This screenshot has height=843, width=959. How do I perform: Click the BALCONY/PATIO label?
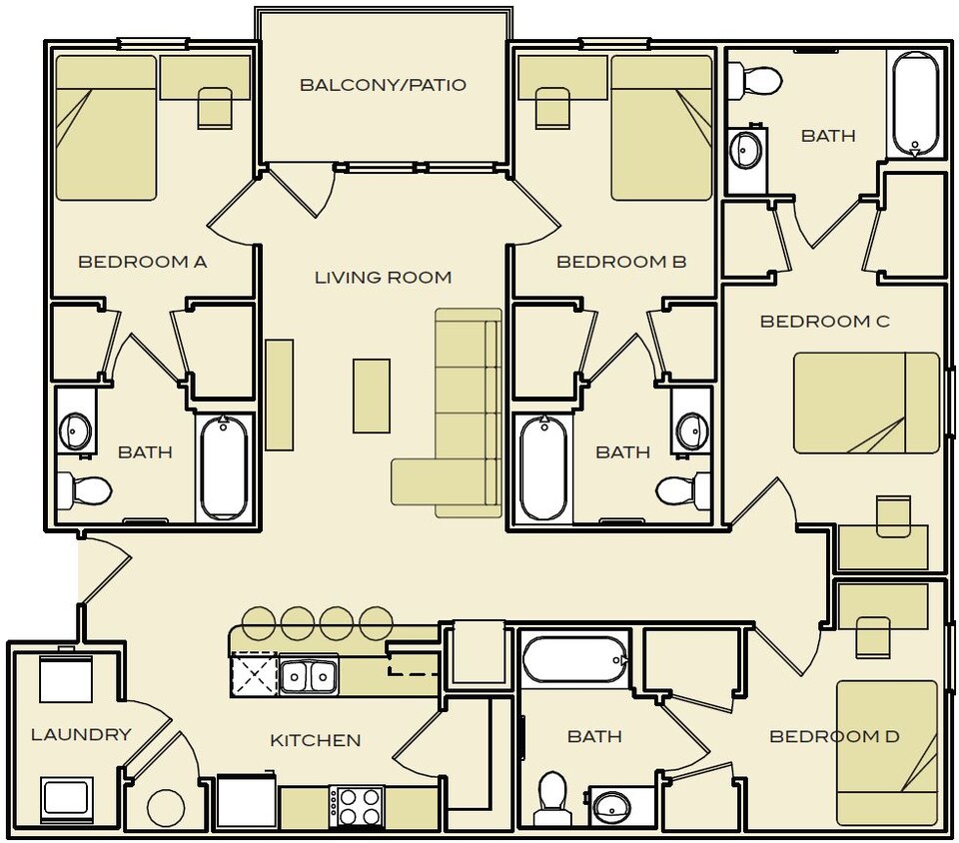(x=383, y=85)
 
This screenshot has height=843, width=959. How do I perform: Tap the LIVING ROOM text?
(x=383, y=278)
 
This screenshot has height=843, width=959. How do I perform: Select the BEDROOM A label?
(x=142, y=262)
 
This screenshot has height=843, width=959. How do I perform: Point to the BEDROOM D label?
(x=834, y=737)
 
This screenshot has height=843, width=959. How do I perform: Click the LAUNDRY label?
(x=81, y=734)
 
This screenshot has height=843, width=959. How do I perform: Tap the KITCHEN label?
(x=315, y=740)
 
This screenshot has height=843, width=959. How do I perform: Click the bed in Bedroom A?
(x=105, y=128)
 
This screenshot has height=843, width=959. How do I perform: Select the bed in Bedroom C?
(x=866, y=403)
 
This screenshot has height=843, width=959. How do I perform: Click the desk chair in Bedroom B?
(x=553, y=109)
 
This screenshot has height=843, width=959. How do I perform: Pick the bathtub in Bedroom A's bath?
(x=224, y=467)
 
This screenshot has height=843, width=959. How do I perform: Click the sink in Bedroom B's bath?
(x=690, y=430)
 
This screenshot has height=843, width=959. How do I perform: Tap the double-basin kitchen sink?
(x=309, y=676)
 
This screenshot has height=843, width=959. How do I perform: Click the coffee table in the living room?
(x=371, y=396)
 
